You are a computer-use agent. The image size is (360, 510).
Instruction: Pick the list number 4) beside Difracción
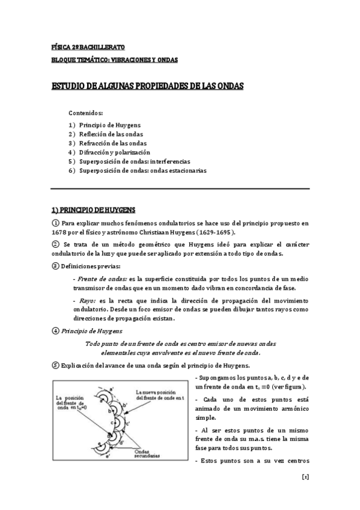(x=72, y=152)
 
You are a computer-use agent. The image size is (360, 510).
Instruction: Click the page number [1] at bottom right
(x=305, y=493)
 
